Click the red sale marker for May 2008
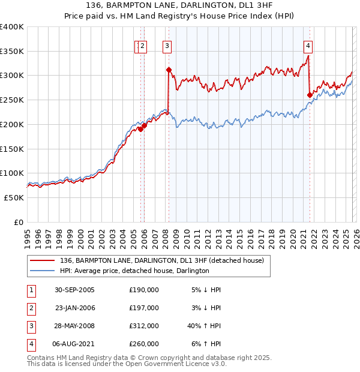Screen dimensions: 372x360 tap(169, 70)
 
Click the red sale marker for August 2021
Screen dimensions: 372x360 tap(310, 95)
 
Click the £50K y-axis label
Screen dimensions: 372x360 tap(14, 197)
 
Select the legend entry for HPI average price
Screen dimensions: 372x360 tap(134, 271)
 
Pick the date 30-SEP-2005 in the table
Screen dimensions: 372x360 tap(74, 290)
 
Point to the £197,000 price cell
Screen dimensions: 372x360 tap(144, 308)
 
